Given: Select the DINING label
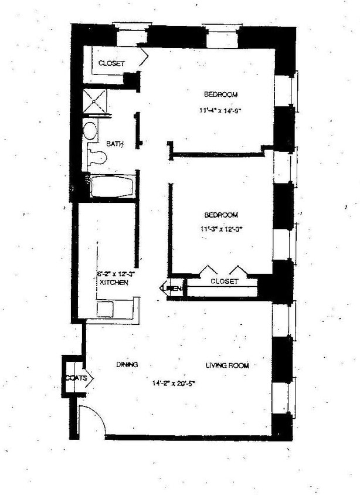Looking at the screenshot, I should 127,365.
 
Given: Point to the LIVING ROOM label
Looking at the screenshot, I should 227,366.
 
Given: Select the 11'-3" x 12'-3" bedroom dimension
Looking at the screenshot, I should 220,229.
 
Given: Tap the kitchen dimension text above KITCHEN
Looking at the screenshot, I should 116,273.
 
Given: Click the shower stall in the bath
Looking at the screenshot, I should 96,101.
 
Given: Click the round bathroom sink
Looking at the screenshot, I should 90,131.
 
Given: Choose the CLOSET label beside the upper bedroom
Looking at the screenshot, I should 111,63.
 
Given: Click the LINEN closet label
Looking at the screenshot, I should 174,288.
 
